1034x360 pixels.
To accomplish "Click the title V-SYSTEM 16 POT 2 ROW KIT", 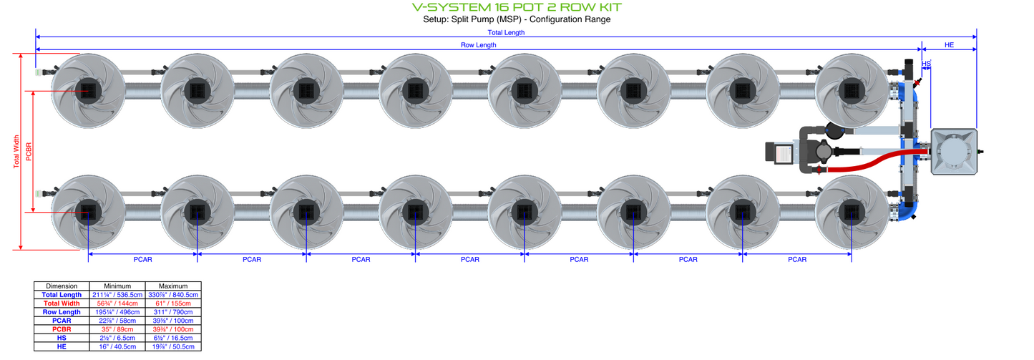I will click(517, 7).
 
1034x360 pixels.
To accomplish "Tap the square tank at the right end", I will click(953, 152).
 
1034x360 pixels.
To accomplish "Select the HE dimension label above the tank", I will click(949, 44).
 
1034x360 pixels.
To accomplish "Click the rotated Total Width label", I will click(16, 152).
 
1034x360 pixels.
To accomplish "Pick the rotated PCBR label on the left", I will click(29, 152).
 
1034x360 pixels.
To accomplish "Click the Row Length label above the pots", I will click(478, 44).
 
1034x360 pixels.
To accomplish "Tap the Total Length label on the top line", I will click(505, 32).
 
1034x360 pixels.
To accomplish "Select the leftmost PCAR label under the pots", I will click(142, 259).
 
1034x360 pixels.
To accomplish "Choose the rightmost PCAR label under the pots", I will click(797, 259).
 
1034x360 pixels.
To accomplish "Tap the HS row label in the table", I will click(62, 337).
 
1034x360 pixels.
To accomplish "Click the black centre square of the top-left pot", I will click(88, 91).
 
